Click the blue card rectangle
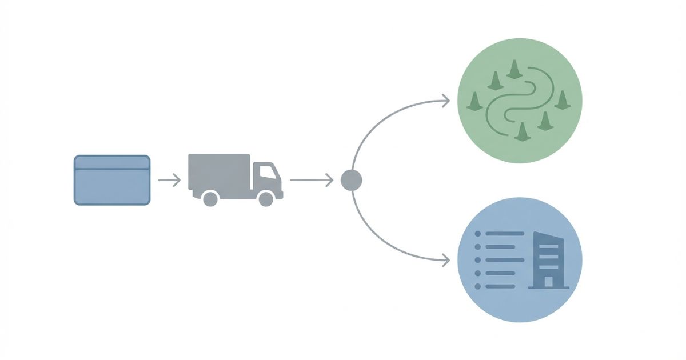[112, 186]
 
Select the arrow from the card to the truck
[169, 181]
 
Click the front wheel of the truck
[266, 198]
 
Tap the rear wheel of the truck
[210, 198]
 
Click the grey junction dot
[351, 181]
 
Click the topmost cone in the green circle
[514, 70]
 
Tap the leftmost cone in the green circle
[474, 102]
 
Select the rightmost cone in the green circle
[563, 100]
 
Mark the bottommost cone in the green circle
[521, 131]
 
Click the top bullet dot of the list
[478, 234]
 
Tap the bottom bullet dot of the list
[478, 286]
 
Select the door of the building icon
[548, 281]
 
